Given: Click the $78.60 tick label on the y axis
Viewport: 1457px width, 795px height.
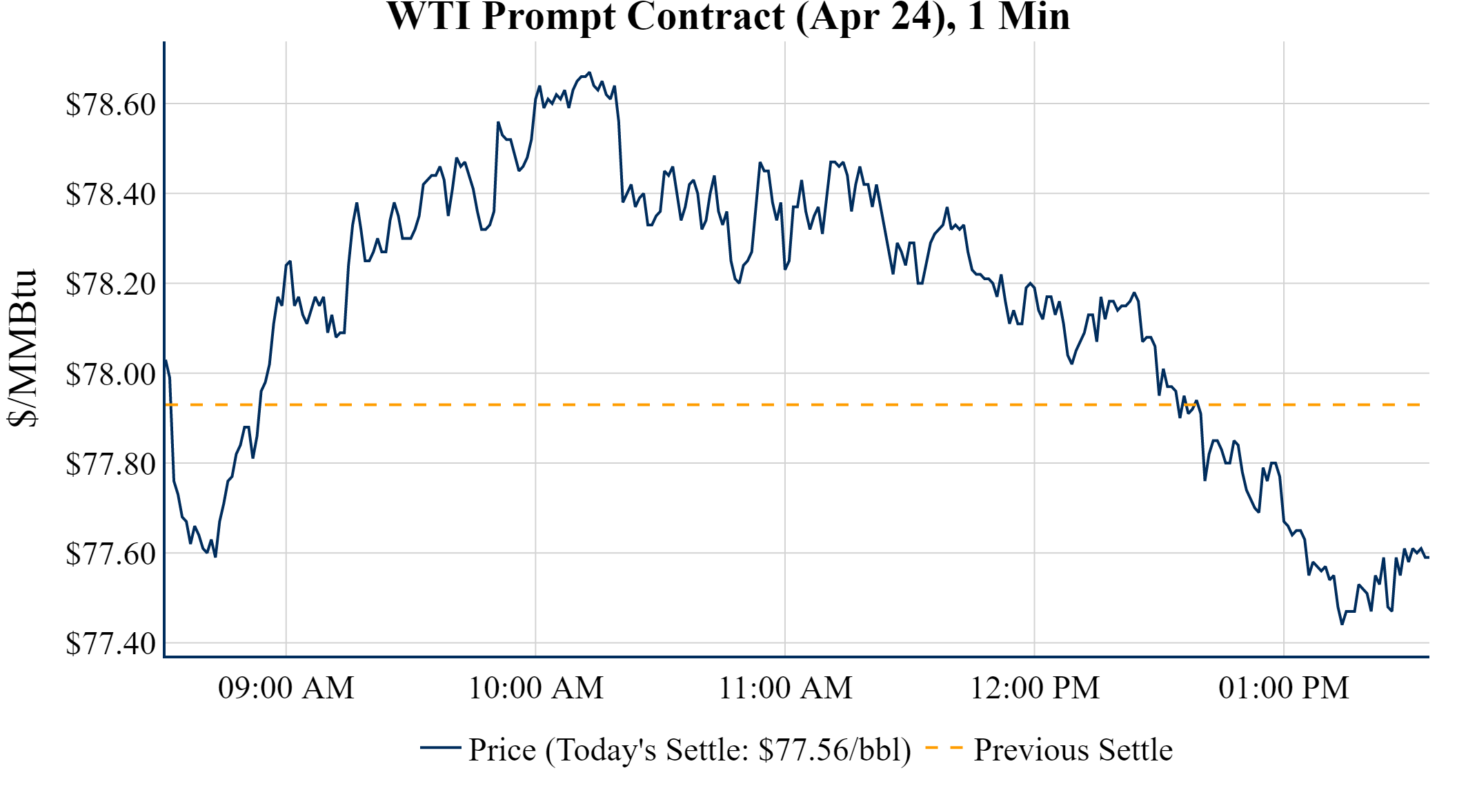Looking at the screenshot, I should click(110, 105).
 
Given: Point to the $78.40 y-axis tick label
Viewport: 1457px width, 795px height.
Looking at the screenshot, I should click(110, 195).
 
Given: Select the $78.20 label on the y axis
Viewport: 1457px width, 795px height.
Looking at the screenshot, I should click(110, 284).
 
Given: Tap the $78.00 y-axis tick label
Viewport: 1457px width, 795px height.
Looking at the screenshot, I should click(110, 375).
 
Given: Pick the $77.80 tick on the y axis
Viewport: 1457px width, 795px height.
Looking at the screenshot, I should click(110, 464).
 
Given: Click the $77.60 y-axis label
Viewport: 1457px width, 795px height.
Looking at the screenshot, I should click(110, 554).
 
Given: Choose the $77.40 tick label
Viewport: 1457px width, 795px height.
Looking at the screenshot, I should click(110, 644).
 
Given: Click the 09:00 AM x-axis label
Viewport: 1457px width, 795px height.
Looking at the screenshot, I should click(286, 688).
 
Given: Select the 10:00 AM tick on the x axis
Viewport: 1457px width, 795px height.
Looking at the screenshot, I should click(536, 688).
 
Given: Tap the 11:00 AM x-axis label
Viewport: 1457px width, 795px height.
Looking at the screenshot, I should click(786, 688).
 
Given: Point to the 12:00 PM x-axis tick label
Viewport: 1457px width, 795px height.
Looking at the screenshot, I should click(1035, 688).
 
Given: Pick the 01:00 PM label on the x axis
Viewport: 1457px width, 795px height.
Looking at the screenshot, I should click(1284, 688).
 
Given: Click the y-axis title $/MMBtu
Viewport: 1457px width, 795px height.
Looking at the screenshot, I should click(23, 349).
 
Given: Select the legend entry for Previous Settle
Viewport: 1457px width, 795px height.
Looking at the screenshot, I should click(1073, 749).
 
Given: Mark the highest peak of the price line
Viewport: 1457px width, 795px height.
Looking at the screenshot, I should click(588, 72).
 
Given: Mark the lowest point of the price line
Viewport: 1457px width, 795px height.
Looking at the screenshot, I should click(1342, 624).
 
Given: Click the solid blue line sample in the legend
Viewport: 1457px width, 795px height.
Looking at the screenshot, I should click(440, 747).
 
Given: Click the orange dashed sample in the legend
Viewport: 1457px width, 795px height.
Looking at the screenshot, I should click(944, 747).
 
